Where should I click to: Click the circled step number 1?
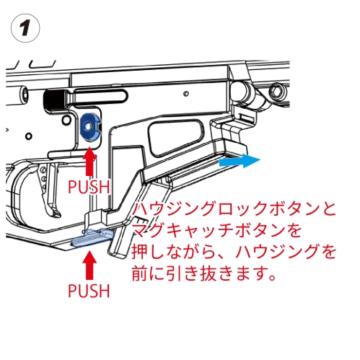pos(25,28)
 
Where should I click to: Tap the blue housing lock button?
pos(89,126)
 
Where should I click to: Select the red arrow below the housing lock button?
pos(89,162)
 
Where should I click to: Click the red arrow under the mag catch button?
pos(89,265)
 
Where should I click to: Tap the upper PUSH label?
pos(89,187)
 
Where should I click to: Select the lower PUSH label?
pos(89,291)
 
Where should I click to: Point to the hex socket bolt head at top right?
pos(278,91)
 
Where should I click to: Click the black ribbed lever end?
pos(54,99)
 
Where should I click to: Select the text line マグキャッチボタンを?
pos(216,231)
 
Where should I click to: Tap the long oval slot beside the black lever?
pos(100,97)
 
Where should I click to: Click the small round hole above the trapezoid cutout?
pos(185,93)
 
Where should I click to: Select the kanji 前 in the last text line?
pos(140,273)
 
